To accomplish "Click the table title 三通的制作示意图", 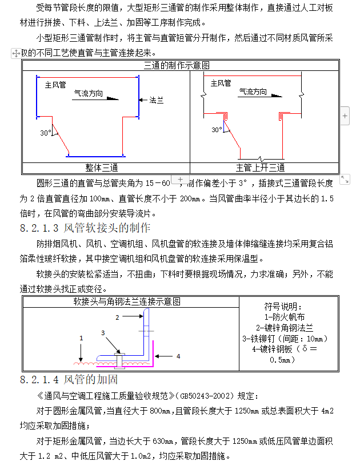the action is click(x=181, y=65).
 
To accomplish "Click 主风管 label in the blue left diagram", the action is click(x=55, y=85).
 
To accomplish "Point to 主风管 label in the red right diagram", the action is click(x=221, y=84).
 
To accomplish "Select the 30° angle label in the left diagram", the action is click(x=45, y=133).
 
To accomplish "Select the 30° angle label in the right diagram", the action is click(x=217, y=130).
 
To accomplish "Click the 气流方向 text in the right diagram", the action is click(x=253, y=91).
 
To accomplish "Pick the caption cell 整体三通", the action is click(x=106, y=168).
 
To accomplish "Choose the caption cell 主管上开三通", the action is click(x=264, y=168).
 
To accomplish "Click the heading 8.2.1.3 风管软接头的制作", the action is click(x=85, y=228).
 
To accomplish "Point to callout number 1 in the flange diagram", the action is click(x=81, y=338).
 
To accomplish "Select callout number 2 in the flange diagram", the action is click(x=118, y=316).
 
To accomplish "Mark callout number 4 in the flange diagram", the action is click(x=178, y=356).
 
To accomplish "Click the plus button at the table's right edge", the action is click(x=345, y=116).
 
